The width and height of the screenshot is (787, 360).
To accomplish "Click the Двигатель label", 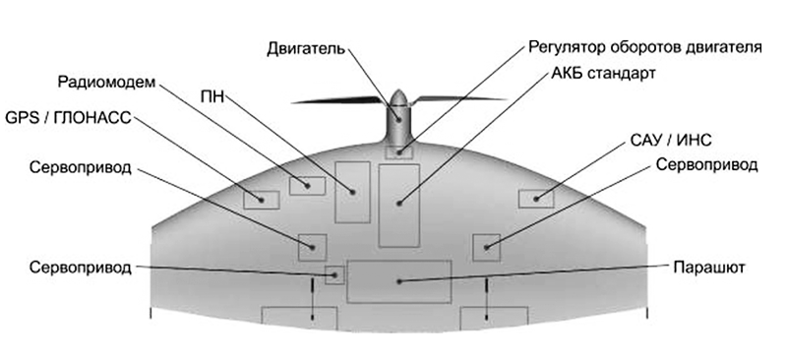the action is (x=306, y=49).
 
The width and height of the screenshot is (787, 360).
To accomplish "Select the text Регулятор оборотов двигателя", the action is (x=645, y=46).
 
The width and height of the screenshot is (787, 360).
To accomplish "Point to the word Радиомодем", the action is (x=104, y=82).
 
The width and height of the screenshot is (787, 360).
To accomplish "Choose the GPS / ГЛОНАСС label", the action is (x=68, y=118).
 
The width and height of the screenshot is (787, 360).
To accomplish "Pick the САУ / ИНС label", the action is (x=671, y=141).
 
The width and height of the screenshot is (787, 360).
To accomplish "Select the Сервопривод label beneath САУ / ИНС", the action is (x=706, y=164).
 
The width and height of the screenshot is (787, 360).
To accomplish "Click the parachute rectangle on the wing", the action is (x=399, y=281).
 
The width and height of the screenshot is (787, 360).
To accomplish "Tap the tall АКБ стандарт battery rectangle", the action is (x=399, y=206).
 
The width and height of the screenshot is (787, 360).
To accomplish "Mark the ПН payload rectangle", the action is (x=352, y=193).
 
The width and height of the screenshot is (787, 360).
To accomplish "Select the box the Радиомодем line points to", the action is (x=307, y=186).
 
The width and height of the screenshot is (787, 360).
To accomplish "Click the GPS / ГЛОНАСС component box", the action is (x=262, y=200).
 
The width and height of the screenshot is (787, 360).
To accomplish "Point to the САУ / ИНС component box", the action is (x=536, y=199).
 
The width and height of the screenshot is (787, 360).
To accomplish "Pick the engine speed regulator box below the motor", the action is (x=399, y=151).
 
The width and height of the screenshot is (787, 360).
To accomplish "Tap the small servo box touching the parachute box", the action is (x=334, y=275).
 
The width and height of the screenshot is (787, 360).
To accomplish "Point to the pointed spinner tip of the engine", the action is (x=398, y=90).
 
